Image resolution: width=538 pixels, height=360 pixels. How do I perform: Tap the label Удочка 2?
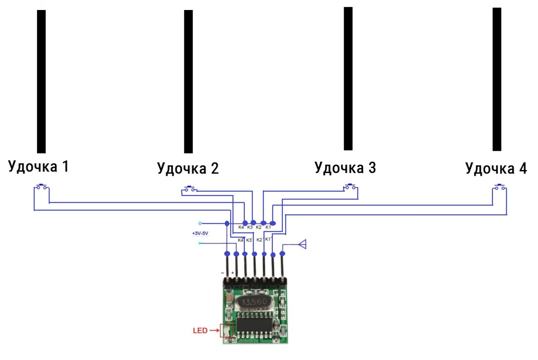[188, 168]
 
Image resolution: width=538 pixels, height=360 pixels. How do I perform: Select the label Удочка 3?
[345, 167]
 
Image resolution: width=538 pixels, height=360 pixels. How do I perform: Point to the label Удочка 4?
[496, 169]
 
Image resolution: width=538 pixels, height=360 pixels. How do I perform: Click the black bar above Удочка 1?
[41, 82]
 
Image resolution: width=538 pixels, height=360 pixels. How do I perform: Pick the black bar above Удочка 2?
[189, 82]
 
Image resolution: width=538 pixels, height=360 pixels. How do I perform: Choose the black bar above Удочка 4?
[497, 79]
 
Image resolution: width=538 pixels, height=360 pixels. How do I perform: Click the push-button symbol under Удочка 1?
[41, 187]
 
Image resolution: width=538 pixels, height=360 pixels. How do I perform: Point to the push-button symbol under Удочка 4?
[500, 187]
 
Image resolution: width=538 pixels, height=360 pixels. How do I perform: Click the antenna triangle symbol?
[304, 244]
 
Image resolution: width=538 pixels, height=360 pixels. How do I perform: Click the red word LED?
[200, 331]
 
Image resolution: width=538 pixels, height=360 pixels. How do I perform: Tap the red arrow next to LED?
[214, 331]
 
